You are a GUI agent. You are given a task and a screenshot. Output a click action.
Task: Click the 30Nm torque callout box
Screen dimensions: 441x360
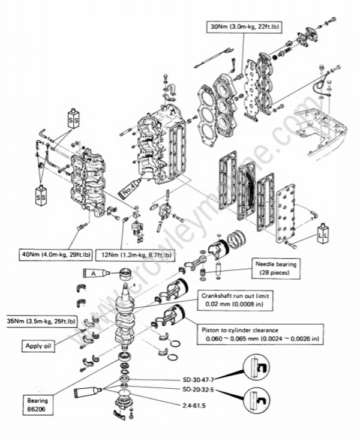pos(246,27)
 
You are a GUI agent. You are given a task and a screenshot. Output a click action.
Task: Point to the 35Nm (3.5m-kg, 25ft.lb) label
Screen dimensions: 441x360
pos(41,322)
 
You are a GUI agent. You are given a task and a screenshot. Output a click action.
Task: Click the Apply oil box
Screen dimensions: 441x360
pos(41,346)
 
